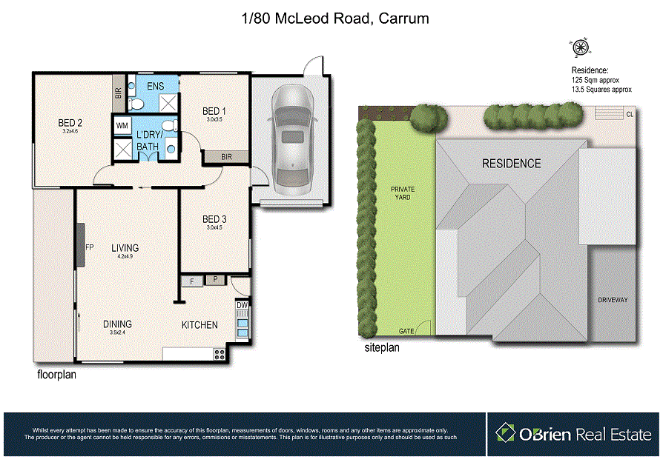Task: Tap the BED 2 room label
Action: click(x=70, y=123)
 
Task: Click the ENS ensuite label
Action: click(x=155, y=87)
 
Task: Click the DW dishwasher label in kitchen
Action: click(x=242, y=305)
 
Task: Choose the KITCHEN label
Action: click(x=199, y=325)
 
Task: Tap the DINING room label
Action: click(x=117, y=324)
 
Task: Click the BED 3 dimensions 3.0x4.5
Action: click(x=214, y=228)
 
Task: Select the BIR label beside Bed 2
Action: click(x=118, y=93)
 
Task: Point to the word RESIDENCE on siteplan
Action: click(x=512, y=163)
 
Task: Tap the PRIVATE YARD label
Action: click(x=403, y=193)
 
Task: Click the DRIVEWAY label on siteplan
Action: click(x=613, y=300)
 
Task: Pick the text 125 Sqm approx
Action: click(x=595, y=79)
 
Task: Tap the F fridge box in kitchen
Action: click(x=192, y=281)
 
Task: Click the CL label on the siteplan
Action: click(x=630, y=114)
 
